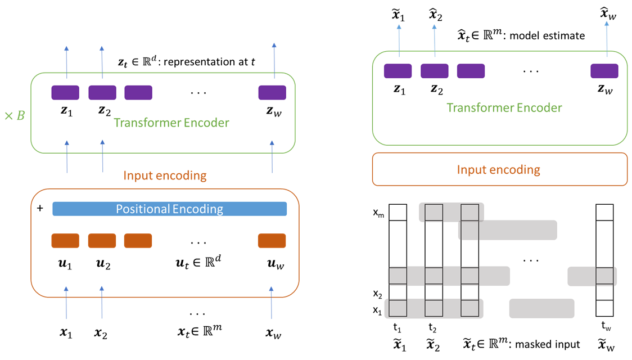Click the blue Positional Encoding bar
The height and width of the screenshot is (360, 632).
[x=169, y=209]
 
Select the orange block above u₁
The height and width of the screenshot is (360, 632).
[x=65, y=241]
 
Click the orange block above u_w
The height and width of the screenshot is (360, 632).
[x=272, y=241]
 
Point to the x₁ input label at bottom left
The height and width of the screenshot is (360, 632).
[x=66, y=334]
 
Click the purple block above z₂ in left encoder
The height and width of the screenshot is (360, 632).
[x=102, y=93]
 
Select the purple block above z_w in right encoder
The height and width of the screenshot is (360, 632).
[x=604, y=71]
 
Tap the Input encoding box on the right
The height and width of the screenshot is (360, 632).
[x=499, y=169]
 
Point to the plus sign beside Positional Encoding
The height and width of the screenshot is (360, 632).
[x=39, y=208]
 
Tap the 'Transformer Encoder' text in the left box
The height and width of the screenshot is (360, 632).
[x=171, y=122]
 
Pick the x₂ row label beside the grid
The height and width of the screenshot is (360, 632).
[x=378, y=294]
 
